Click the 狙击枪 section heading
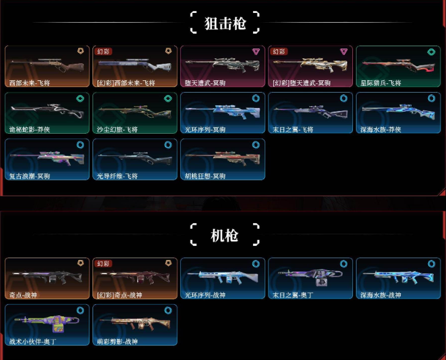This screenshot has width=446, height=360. click(225, 23)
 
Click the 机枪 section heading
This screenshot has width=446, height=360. click(224, 235)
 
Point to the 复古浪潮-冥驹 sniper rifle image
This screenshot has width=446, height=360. click(46, 156)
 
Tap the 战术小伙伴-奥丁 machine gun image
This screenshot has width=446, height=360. click(46, 322)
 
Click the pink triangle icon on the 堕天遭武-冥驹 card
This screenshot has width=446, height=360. click(256, 52)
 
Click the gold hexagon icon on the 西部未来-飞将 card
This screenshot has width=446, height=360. click(80, 52)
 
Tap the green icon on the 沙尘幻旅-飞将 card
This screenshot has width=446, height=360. click(168, 98)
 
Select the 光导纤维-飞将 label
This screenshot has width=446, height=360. click(117, 176)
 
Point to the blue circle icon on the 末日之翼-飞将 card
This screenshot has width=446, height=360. click(344, 98)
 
